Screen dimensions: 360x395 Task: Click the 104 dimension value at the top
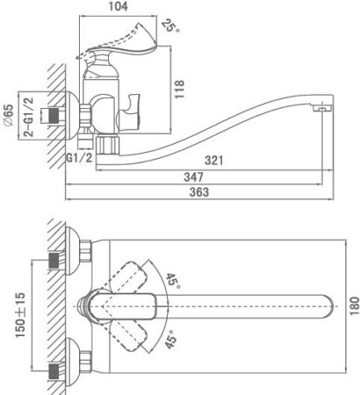pos(119,6)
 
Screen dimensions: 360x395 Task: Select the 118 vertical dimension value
pos(179,90)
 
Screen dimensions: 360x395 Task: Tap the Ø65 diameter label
pos(9,115)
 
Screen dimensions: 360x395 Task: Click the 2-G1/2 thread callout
pos(29,117)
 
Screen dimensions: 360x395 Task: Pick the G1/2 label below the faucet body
pos(79,158)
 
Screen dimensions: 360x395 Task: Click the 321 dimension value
pos(213,161)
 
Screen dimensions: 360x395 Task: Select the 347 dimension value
pos(193,177)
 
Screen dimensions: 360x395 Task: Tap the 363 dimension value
pos(199,192)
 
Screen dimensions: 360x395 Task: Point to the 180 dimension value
pos(354,306)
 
